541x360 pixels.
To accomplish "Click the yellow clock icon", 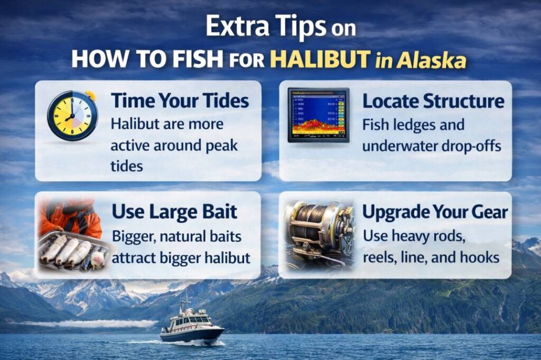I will coord(72,115).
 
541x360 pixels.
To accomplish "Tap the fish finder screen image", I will coord(318,115).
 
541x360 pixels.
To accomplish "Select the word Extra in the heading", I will coord(236,27).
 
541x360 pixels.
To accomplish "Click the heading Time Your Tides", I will coord(180,101).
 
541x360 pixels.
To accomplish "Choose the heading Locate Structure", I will coord(433,101).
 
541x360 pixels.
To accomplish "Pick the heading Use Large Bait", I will coord(174,212).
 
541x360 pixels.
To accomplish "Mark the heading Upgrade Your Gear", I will coord(435,212).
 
